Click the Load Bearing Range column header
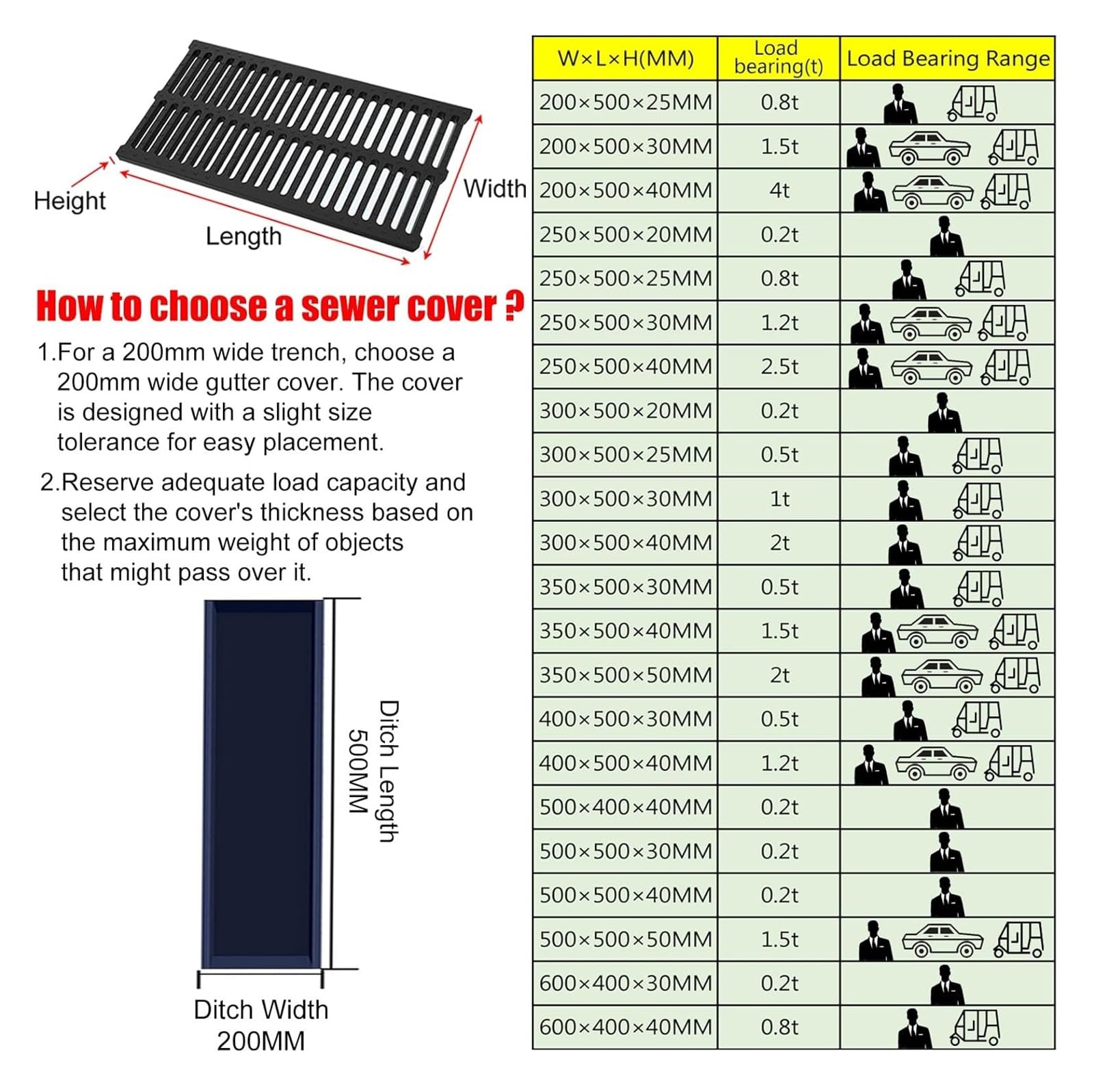(948, 59)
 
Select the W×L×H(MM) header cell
(625, 59)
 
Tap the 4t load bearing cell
(779, 190)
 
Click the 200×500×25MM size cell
(625, 103)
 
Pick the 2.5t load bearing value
(779, 367)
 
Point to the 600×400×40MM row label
(625, 1027)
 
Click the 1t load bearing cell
(779, 499)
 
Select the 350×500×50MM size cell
(625, 675)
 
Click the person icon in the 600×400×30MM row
(946, 985)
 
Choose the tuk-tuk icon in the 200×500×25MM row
(972, 104)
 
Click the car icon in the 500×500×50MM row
(942, 941)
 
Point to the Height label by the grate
(70, 201)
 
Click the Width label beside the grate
(495, 189)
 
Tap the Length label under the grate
(243, 237)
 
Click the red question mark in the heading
(513, 306)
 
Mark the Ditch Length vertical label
(388, 771)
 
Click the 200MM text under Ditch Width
(261, 1041)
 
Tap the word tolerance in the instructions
(105, 443)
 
